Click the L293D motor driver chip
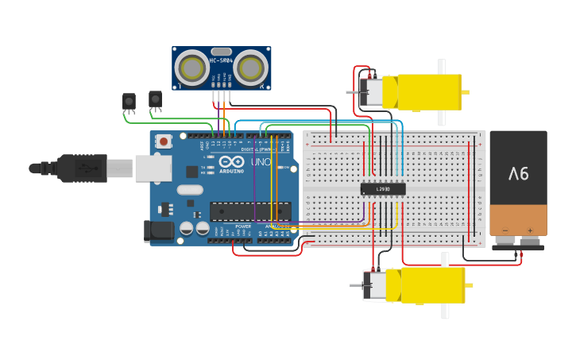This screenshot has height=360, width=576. coord(383,188)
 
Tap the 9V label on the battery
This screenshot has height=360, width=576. coord(518,173)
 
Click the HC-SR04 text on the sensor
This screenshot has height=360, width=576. coord(221,60)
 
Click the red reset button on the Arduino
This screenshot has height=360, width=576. coord(163,141)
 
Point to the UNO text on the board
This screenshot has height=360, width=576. coord(261,162)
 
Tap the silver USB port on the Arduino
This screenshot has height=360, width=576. coord(153,168)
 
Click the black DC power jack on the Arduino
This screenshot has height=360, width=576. coord(158,230)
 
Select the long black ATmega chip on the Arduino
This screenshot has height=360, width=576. coord(249,211)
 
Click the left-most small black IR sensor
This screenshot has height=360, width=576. coord(129,101)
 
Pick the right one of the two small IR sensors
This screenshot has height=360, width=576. coord(155,99)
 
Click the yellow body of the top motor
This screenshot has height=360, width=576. coord(429,91)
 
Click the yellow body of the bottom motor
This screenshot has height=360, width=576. coord(433,285)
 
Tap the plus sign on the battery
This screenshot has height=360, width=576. coord(530,231)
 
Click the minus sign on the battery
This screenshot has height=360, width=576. coord(505,231)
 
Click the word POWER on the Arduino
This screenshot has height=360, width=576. coord(243,226)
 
